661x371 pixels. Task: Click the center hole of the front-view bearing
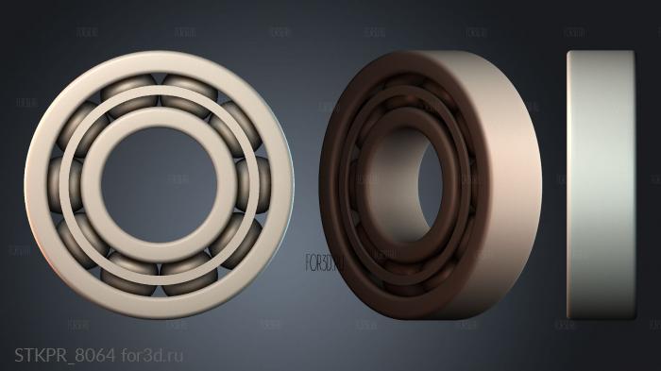159,184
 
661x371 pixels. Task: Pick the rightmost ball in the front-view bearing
257,184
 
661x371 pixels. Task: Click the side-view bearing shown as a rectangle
599,184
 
